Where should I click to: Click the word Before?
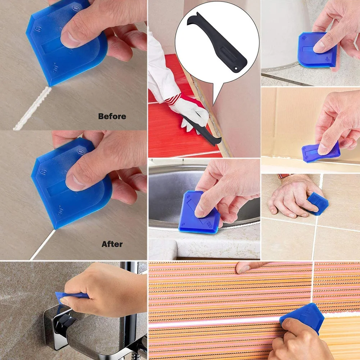[112, 117]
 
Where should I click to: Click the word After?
[112, 244]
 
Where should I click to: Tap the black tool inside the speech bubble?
[216, 40]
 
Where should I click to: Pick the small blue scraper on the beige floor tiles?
[318, 203]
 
